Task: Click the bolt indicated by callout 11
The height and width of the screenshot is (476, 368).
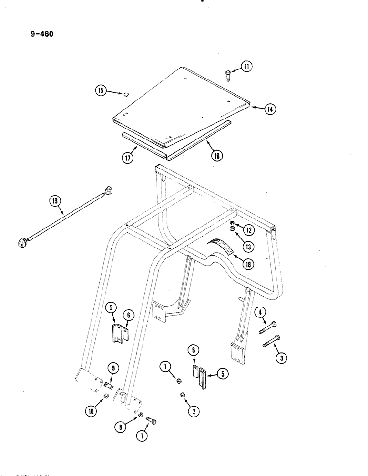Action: [x=227, y=75]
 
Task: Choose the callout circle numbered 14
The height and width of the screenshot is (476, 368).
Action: [x=270, y=109]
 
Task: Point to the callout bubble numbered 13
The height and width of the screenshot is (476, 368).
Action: [x=249, y=246]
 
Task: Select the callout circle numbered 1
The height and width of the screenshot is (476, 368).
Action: [x=165, y=367]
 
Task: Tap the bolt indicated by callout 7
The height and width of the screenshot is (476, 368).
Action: [x=151, y=421]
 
